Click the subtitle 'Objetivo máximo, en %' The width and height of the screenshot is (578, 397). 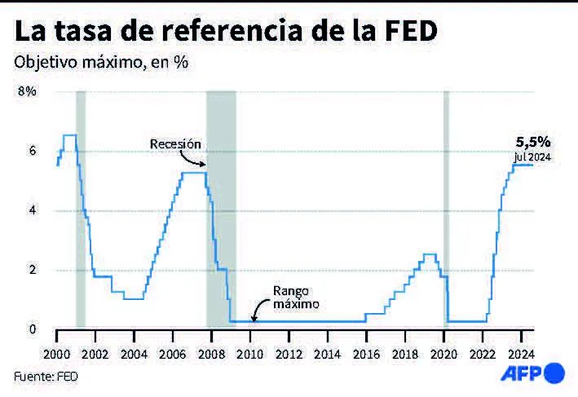coord(101,63)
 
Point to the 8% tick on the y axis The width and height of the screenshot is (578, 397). coord(27,91)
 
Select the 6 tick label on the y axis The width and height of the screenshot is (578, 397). coord(33,151)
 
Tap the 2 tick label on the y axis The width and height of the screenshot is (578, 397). coord(33,270)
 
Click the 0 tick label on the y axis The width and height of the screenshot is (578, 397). coord(33,329)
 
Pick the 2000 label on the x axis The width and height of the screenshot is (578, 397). coord(57,356)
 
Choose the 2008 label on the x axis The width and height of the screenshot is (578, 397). coord(211,356)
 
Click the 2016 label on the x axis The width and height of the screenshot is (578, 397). coord(366,356)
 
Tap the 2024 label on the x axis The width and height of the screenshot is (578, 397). coord(520,356)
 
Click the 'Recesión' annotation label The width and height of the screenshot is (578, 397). coord(174,143)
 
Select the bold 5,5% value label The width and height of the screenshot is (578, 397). coord(529,142)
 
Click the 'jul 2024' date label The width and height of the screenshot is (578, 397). coord(533,157)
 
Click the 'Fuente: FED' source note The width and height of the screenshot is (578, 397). coord(47,376)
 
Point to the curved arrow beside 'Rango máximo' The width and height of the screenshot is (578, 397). coord(259,308)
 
